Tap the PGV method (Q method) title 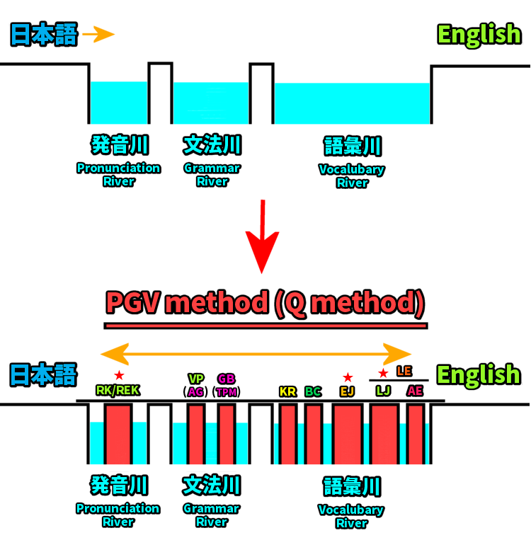pos(265,304)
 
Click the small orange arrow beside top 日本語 pos(98,34)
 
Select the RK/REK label pos(118,391)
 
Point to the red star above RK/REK pos(119,374)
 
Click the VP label pos(195,378)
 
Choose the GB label pos(227,378)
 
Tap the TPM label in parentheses pos(227,391)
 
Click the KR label pos(287,391)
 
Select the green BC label pos(313,391)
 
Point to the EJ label pos(347,391)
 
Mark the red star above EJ pos(347,377)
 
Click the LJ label pos(383,391)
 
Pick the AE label pos(415,391)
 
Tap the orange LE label pos(404,371)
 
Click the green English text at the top pos(479,34)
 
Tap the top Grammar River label pos(212,174)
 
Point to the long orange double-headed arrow pos(256,352)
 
